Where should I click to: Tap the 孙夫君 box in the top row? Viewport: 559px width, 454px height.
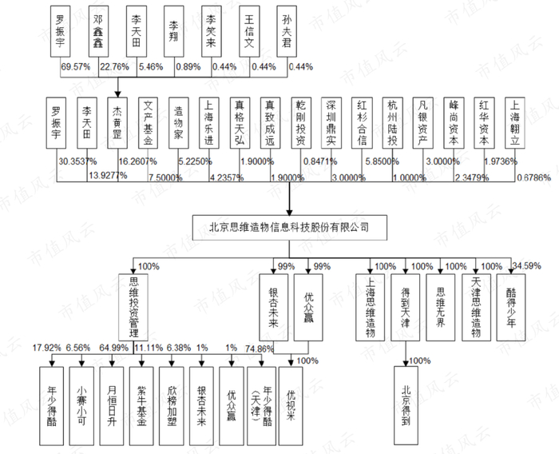286,31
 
